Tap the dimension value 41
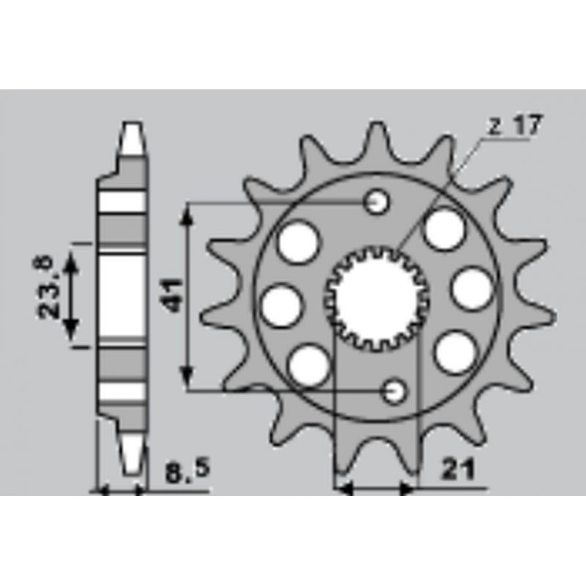point(174,295)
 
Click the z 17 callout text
point(515,125)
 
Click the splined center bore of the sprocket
point(377,298)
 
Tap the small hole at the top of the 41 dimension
point(377,202)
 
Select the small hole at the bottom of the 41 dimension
point(394,391)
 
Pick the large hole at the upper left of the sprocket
point(299,242)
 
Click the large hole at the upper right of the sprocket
point(445,229)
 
